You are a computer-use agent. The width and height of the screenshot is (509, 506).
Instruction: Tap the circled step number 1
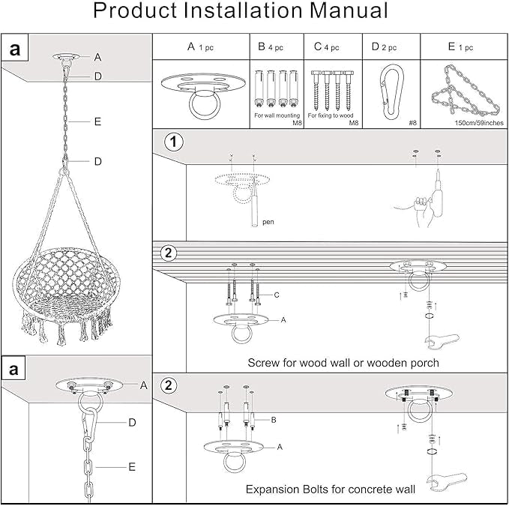(x=174, y=142)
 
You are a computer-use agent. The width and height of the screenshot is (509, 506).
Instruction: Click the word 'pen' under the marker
(x=268, y=222)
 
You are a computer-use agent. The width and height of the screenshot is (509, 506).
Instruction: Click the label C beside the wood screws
(x=277, y=295)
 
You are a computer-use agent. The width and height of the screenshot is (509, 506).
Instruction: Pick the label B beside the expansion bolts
(x=274, y=421)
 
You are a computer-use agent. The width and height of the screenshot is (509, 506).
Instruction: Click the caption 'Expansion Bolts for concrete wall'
(x=331, y=490)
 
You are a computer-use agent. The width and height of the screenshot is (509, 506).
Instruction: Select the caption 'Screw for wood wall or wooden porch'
(x=343, y=363)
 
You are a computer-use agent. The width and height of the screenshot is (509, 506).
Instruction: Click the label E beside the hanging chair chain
(x=98, y=121)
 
